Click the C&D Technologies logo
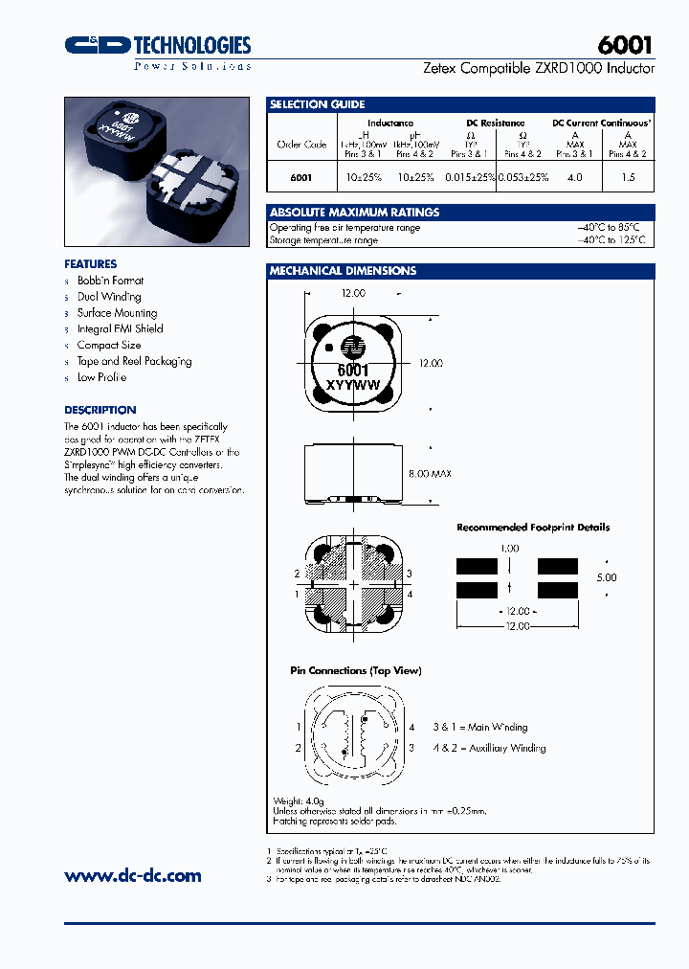coord(157,46)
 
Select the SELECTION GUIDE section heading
coord(317,104)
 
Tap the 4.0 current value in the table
coord(574,177)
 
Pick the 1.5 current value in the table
coord(628,177)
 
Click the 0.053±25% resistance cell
coord(523,177)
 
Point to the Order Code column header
coord(301,145)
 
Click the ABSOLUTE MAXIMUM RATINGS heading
coord(354,212)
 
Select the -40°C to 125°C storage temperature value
coord(611,240)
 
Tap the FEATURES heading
coord(90,263)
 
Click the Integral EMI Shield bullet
coord(120,328)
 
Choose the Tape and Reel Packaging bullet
coord(134,361)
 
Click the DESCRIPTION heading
coord(100,410)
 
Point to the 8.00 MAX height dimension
coord(429,473)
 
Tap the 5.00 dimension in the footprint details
coord(606,577)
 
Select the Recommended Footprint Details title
coord(532,528)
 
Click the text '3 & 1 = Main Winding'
coord(479,727)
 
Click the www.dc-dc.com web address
coord(132,875)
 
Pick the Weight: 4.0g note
coord(301,800)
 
